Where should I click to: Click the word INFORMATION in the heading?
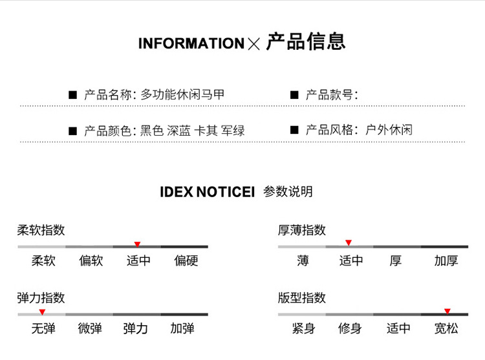(191, 44)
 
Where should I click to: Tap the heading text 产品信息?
(306, 41)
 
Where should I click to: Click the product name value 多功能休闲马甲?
(183, 94)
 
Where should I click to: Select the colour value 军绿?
(233, 131)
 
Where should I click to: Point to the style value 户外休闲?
(389, 130)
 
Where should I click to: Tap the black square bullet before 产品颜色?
(73, 131)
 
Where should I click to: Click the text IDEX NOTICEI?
(208, 192)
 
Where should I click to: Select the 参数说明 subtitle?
(288, 191)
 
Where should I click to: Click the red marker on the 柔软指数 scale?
(137, 244)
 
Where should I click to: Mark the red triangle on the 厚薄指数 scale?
(348, 243)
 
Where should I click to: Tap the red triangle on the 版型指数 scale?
(447, 311)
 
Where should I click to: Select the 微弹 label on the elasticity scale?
(90, 329)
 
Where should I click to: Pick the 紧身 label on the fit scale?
(303, 329)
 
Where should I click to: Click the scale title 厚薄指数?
(301, 230)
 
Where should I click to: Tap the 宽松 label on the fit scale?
(446, 329)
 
